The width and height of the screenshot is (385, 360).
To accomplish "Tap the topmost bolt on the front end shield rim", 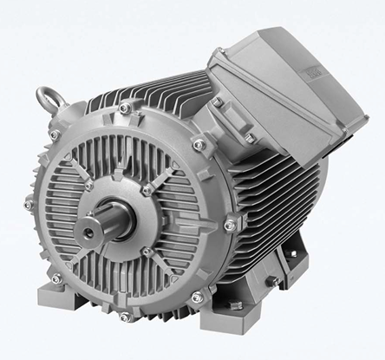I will [127, 108].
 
